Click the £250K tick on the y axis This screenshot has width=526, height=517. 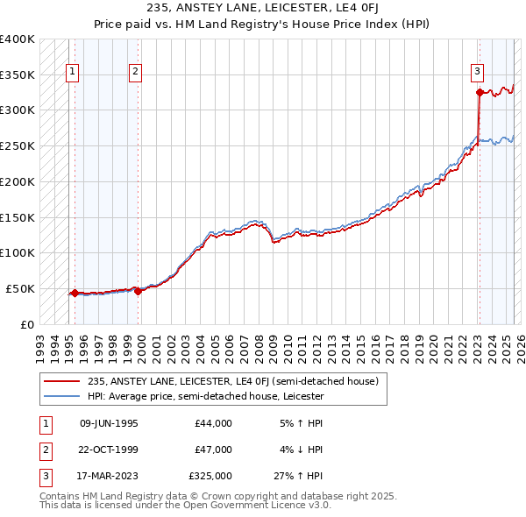point(18,145)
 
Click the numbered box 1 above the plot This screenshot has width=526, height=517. point(71,73)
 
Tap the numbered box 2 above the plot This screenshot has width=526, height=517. point(136,73)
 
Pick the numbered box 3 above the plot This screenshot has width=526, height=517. point(478,73)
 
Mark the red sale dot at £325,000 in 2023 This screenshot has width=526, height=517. point(480,92)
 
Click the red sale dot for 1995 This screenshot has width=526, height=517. point(75,293)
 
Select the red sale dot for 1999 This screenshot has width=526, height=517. point(139,291)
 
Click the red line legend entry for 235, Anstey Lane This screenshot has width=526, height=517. point(232,381)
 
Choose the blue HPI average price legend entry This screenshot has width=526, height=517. point(205,396)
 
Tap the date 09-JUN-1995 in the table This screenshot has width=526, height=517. point(109,423)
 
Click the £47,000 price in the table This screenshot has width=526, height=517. point(213,450)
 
